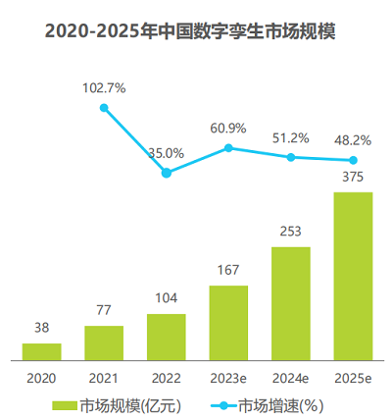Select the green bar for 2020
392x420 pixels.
(x=42, y=350)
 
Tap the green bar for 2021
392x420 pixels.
(x=104, y=341)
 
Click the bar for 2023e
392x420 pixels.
(x=228, y=322)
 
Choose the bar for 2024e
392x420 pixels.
(x=291, y=302)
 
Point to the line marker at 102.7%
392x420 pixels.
(x=105, y=107)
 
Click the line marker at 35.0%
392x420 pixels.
(x=167, y=173)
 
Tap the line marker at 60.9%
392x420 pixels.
(x=228, y=148)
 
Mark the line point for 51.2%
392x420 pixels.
(x=291, y=157)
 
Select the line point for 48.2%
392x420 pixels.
(x=354, y=160)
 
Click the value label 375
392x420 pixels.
(x=354, y=178)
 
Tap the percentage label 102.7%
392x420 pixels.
(x=105, y=88)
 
